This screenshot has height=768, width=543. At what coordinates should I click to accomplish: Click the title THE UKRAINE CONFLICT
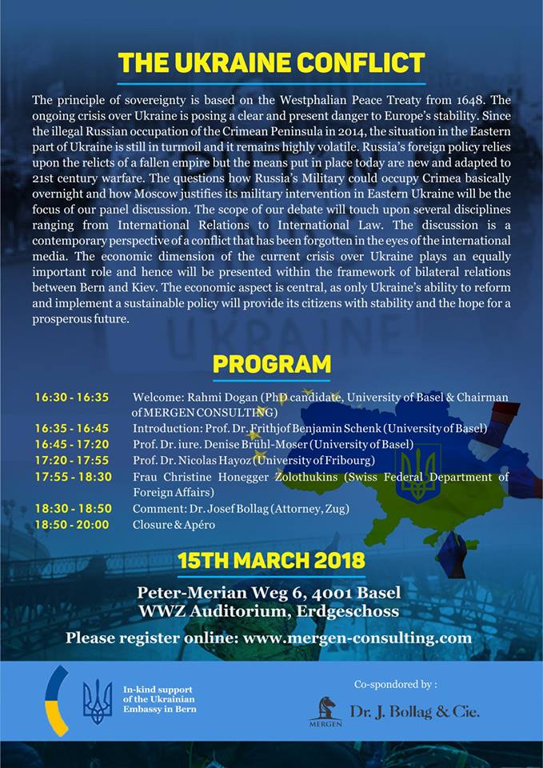[271, 63]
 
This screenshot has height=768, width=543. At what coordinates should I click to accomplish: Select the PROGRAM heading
[271, 364]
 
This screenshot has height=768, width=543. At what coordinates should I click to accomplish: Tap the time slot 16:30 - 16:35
[72, 398]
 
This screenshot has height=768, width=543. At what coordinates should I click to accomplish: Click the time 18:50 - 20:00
[73, 525]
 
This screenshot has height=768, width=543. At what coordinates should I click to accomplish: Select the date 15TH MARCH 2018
[271, 559]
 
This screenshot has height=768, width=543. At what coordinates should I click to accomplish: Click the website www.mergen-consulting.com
[357, 638]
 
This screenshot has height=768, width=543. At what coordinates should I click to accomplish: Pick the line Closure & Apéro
[174, 525]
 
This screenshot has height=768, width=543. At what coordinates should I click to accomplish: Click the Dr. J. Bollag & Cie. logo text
[414, 711]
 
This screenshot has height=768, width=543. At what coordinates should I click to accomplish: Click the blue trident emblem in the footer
[98, 702]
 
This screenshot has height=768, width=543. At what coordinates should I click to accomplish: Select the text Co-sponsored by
[395, 684]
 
